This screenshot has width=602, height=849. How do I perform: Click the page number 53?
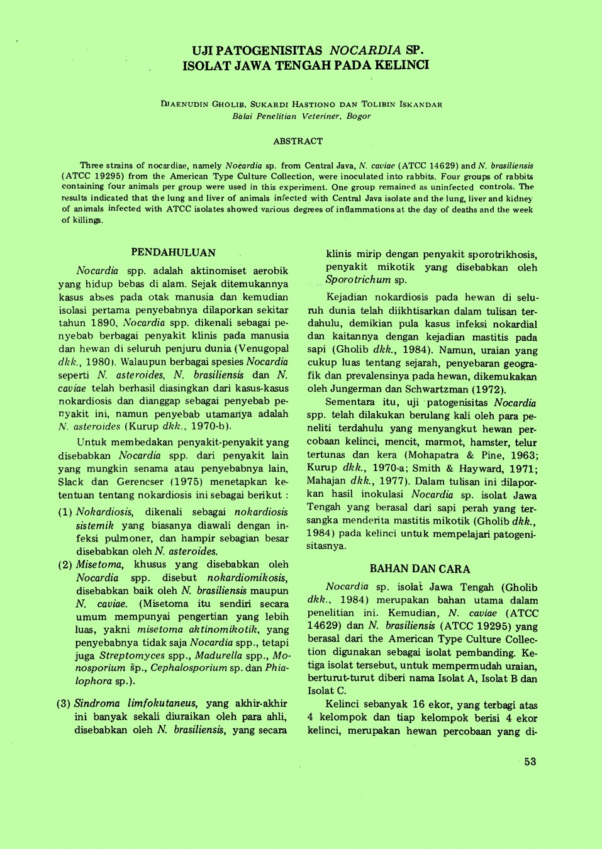coord(530,762)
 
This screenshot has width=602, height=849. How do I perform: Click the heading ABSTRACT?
coord(298,141)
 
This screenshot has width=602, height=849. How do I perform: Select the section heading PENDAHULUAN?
coord(173,253)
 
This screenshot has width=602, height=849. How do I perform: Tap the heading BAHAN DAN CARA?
coord(420,569)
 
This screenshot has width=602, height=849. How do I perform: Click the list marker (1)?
coord(65,512)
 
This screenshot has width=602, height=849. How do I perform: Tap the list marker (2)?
coord(65,565)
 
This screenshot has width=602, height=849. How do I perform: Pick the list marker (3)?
coord(64,704)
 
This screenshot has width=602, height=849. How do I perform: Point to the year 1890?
coord(104,323)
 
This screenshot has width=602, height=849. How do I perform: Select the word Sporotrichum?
coord(358,280)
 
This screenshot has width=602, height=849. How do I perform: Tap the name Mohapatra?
coord(432,455)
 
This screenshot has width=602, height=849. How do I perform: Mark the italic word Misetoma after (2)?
coord(99,565)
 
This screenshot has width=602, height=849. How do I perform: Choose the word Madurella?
coord(218,656)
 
